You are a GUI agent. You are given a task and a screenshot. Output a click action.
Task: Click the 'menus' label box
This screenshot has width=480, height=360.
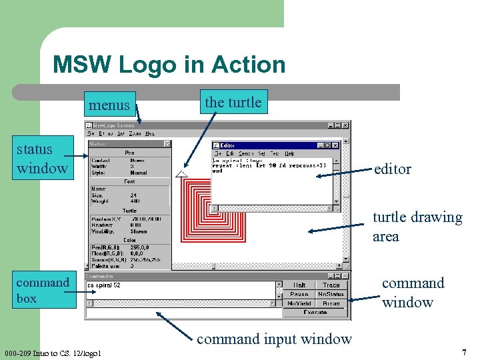click(111, 105)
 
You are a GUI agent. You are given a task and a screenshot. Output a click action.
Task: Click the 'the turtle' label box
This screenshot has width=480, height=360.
click(233, 103)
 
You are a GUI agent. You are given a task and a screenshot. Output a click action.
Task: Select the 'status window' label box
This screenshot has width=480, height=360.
click(42, 158)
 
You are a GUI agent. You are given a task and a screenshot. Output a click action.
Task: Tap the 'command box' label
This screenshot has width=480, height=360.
click(43, 290)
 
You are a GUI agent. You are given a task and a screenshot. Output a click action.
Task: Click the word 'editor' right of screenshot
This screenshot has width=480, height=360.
click(393, 169)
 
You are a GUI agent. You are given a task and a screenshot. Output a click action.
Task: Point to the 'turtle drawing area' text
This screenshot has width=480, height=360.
click(417, 227)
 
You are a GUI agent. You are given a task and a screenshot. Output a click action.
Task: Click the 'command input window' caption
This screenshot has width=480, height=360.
click(274, 339)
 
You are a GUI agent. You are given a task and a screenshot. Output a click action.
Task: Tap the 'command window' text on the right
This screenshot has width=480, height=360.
click(413, 292)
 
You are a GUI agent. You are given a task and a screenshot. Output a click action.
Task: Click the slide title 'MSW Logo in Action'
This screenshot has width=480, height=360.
click(169, 65)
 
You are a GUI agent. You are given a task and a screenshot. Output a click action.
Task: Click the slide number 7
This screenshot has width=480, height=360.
click(463, 351)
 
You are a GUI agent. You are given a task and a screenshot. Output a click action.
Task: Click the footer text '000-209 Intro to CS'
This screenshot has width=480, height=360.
click(51, 353)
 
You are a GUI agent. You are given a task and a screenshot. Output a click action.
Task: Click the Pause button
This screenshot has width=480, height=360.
click(299, 294)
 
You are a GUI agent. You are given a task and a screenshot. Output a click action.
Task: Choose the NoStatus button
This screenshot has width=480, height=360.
click(331, 294)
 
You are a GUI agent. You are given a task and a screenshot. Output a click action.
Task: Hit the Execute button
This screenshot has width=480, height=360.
click(315, 312)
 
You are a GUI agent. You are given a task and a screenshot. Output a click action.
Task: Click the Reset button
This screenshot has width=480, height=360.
click(331, 303)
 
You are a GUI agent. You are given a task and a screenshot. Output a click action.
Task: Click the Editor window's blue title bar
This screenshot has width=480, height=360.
click(267, 145)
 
